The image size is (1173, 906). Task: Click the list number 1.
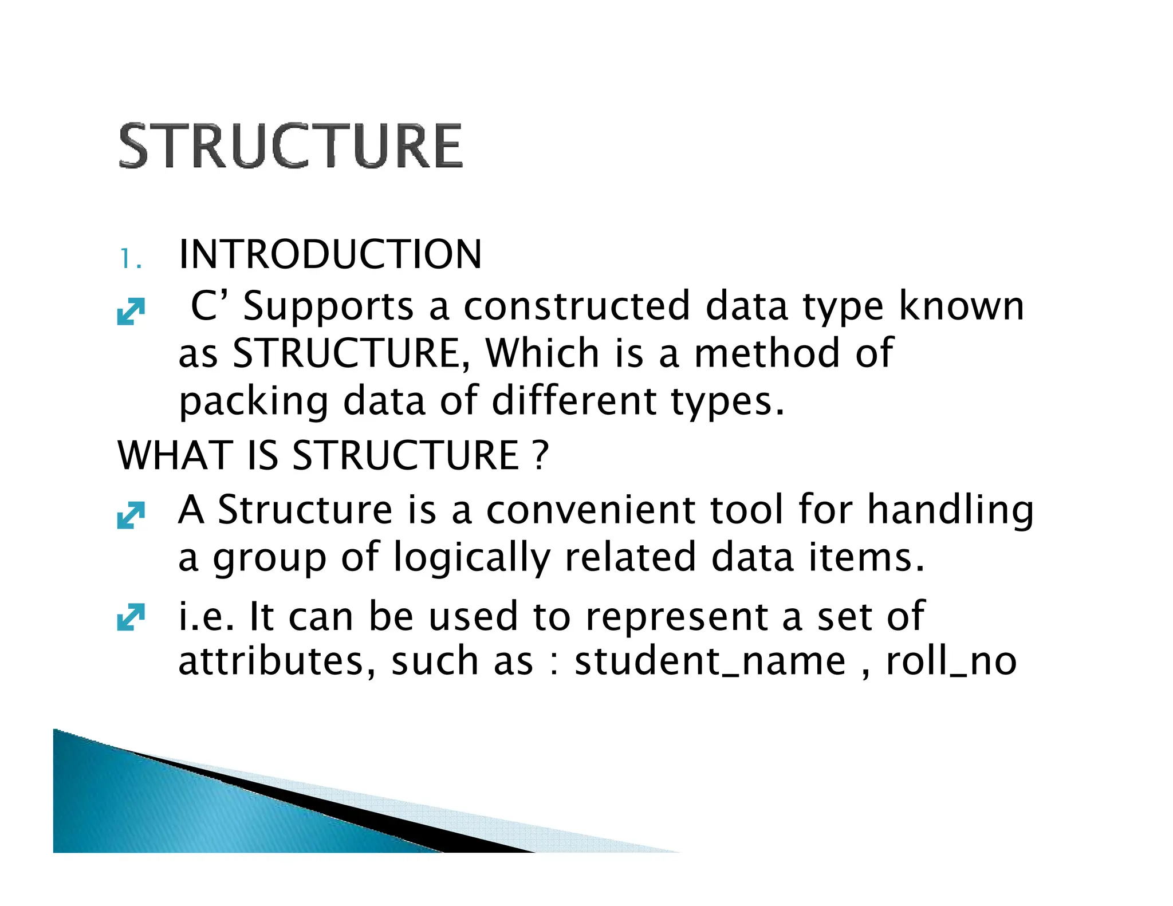(x=130, y=259)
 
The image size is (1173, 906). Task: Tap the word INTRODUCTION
(x=330, y=254)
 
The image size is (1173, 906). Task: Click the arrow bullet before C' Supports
(x=131, y=312)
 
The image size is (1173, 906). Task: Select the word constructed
(x=576, y=306)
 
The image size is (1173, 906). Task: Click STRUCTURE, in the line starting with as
(x=352, y=353)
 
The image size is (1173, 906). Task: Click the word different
(x=573, y=400)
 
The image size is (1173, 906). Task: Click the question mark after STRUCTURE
(x=540, y=456)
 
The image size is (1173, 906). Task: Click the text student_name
(x=710, y=661)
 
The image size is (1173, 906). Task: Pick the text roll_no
(x=951, y=661)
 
